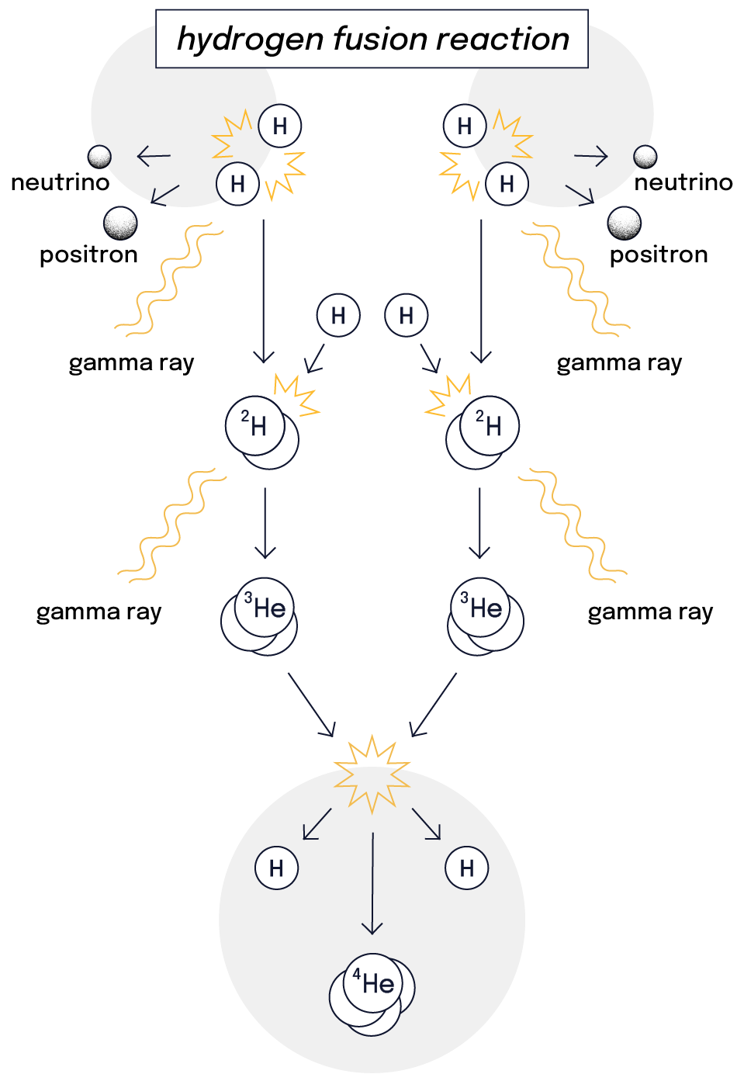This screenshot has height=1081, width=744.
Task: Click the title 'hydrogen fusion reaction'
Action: pos(372,39)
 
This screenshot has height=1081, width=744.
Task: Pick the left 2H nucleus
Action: pos(261,432)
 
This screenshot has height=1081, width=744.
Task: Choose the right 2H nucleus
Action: pos(483,432)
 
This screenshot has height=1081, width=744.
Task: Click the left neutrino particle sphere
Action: pos(99,157)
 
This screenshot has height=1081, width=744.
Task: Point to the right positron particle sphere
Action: pos(625,223)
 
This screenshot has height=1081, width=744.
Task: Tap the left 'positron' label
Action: pos(88,255)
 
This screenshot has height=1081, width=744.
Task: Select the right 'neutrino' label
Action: pos(683,182)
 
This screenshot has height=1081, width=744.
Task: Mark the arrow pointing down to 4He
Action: pos(372,885)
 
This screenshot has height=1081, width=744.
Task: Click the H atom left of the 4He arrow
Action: pos(276,868)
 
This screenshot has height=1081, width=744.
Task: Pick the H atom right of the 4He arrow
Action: pos(467,868)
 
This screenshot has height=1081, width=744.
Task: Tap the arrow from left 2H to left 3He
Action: pos(265,523)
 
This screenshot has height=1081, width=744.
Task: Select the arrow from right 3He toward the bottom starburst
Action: pos(434,704)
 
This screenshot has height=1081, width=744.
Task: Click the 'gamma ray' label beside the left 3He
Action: pos(99,612)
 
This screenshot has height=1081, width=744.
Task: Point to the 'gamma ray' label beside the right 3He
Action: pos(650,612)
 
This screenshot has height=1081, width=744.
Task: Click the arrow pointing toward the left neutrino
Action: pos(154,157)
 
